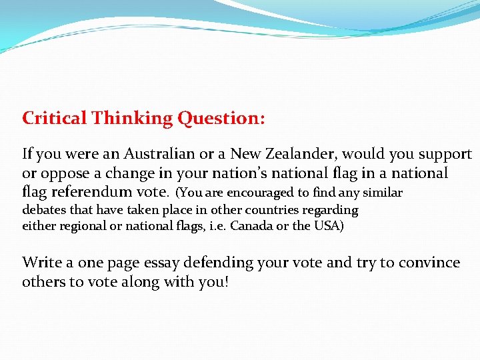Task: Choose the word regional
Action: (85, 226)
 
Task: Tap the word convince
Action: (433, 263)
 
